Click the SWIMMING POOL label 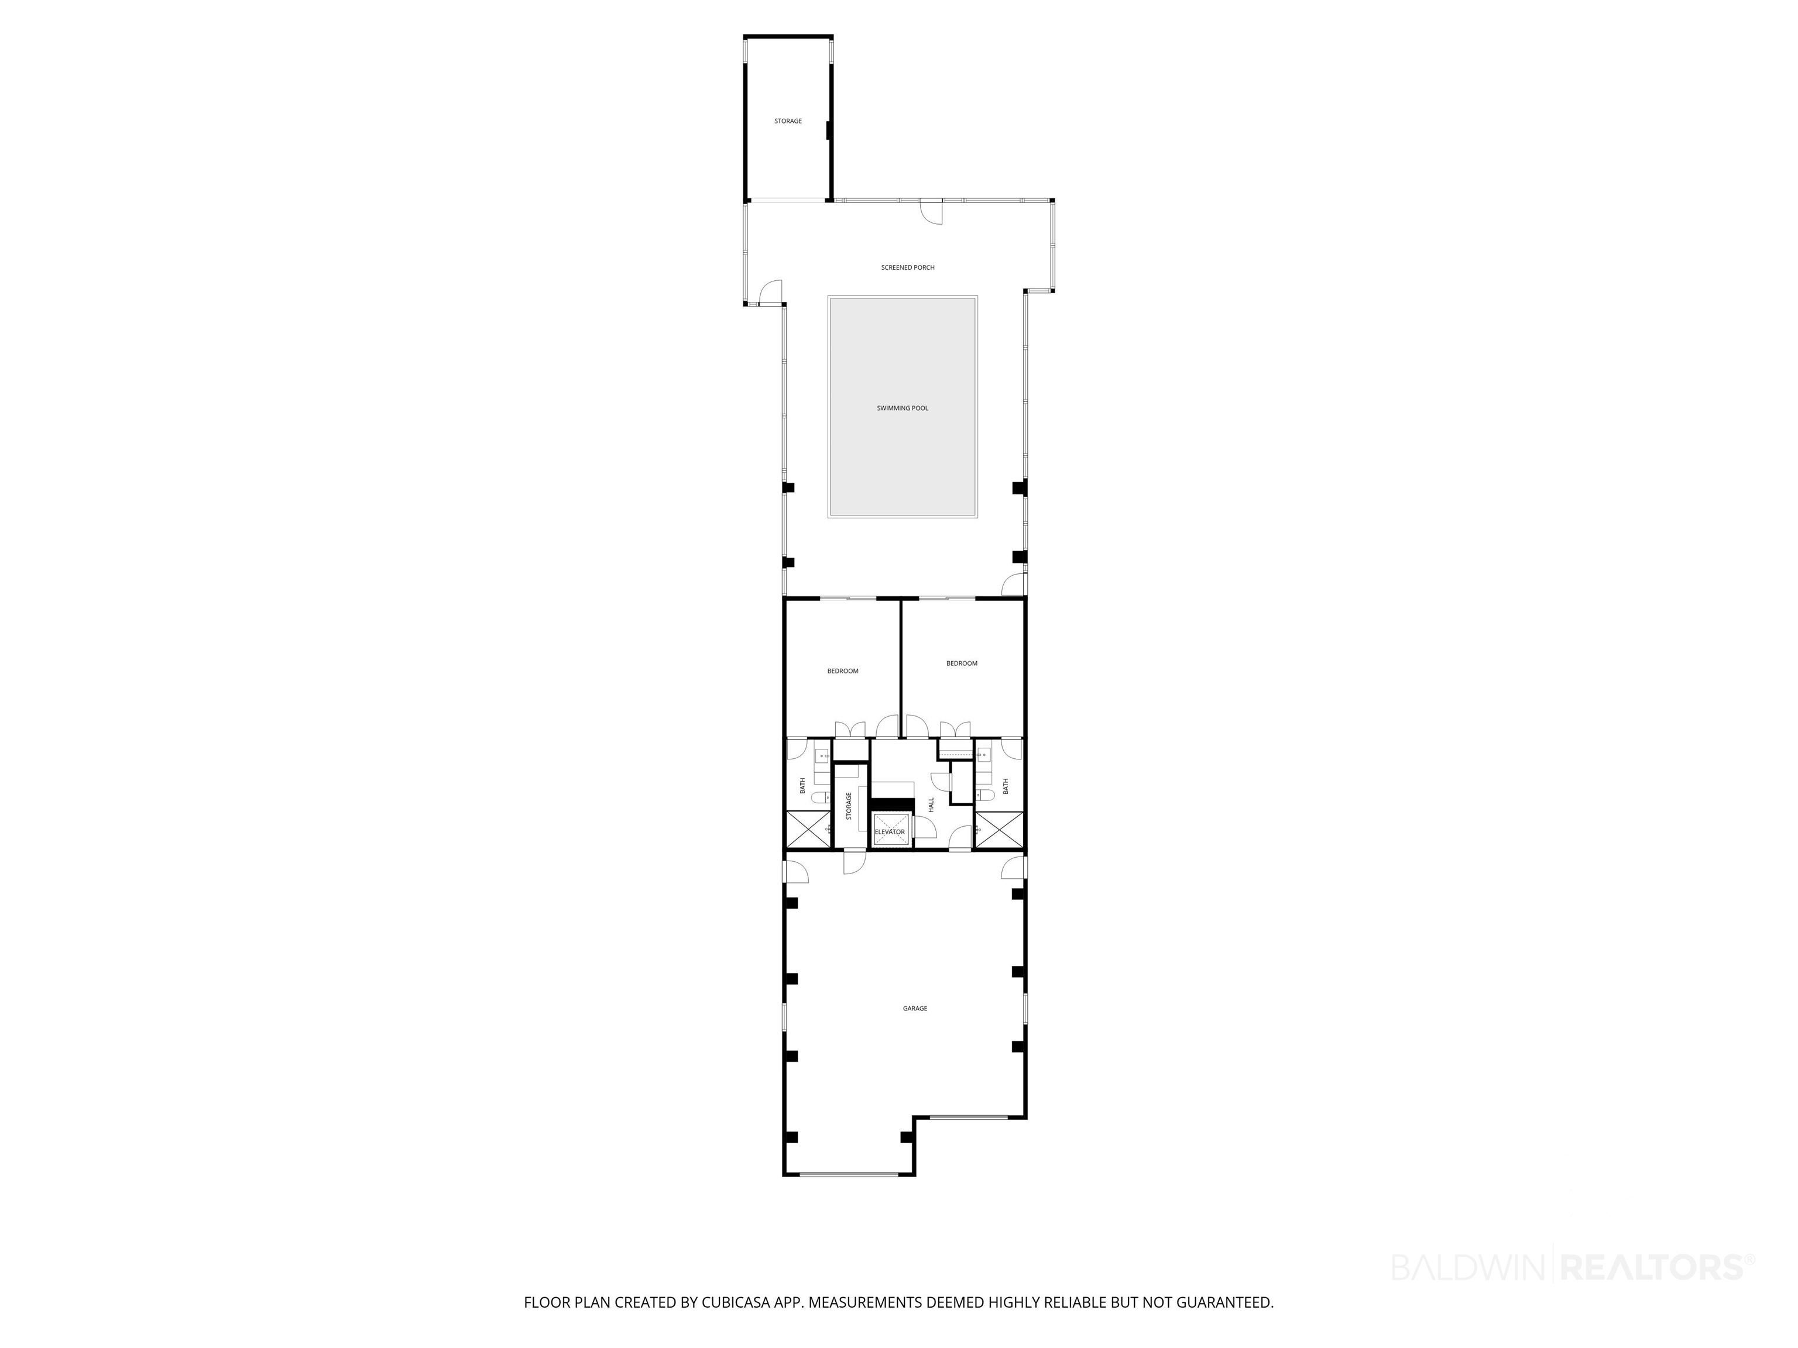click(903, 408)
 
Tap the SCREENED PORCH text click(908, 267)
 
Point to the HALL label click(932, 804)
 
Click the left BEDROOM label click(843, 671)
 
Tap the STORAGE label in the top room click(788, 121)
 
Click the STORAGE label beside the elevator click(849, 806)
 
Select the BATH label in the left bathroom click(802, 786)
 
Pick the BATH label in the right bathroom click(1006, 786)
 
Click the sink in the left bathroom click(821, 756)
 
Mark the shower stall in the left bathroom click(807, 830)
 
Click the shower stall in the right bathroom click(1000, 830)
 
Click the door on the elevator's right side click(924, 827)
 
